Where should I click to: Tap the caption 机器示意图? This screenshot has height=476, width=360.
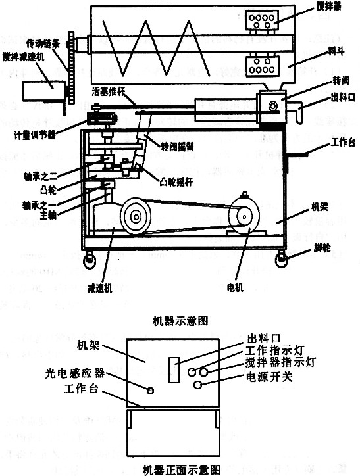click(x=180, y=321)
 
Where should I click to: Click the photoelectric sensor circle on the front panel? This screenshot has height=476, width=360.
click(x=151, y=391)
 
